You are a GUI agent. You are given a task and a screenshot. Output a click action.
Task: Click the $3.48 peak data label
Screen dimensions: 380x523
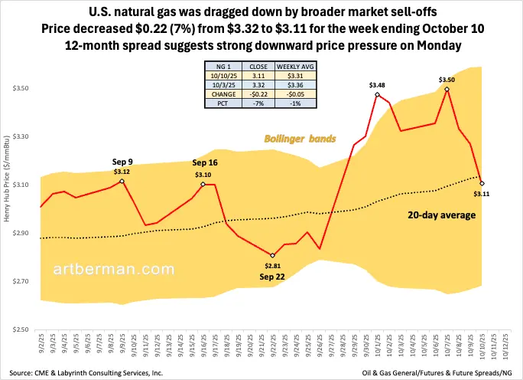(x=377, y=85)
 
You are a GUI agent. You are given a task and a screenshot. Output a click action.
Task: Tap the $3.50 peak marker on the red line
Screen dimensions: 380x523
(x=447, y=90)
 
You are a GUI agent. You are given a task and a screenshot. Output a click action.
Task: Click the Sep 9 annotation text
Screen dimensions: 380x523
(x=122, y=162)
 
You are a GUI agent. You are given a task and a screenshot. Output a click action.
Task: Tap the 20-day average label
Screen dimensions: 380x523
(x=442, y=215)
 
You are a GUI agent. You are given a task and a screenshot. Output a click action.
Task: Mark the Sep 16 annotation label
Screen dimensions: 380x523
(x=205, y=163)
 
